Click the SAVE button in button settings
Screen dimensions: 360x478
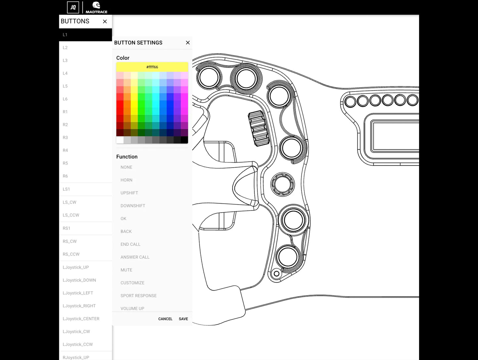[x=183, y=319]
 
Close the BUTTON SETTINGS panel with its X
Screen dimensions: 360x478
[x=188, y=43]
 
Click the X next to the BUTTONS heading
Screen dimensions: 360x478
[x=105, y=21]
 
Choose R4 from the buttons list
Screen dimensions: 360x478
[x=65, y=150]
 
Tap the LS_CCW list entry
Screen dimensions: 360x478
[x=71, y=215]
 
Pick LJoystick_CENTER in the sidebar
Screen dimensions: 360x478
[x=81, y=319]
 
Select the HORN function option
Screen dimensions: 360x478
[x=126, y=180]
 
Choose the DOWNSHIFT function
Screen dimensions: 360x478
[x=133, y=206]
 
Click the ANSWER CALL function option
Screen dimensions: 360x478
[x=135, y=257]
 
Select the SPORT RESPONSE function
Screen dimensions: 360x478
[x=139, y=296]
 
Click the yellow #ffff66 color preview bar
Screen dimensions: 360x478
[x=152, y=67]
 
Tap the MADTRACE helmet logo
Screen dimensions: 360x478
[x=96, y=7]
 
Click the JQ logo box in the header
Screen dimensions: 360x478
[x=73, y=7]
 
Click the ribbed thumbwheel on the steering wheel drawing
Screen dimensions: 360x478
[x=258, y=128]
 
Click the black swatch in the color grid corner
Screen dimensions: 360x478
[x=184, y=140]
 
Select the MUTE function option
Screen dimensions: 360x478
[x=126, y=270]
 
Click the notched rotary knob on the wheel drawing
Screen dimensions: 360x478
[x=282, y=184]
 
